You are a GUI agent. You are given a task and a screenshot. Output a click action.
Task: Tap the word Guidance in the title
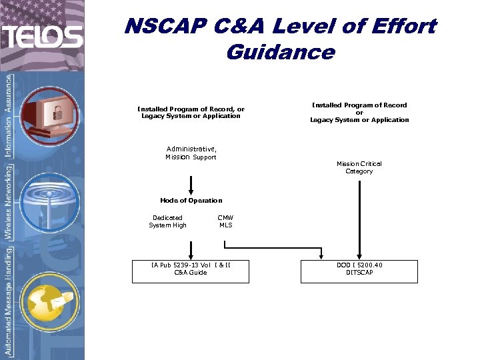click(280, 51)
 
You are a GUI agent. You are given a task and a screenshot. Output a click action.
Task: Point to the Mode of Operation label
click(191, 200)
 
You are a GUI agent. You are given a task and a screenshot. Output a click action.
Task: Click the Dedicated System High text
click(167, 221)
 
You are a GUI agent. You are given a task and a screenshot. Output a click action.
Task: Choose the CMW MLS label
click(225, 221)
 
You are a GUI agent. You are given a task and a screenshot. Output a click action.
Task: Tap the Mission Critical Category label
click(359, 167)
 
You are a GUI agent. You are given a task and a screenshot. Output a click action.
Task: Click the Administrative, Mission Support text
click(191, 153)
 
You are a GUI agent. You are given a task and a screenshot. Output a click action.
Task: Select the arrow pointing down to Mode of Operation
click(191, 185)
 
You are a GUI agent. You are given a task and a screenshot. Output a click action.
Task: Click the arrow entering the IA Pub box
click(191, 251)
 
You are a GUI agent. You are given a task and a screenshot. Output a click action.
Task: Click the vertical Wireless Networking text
click(8, 203)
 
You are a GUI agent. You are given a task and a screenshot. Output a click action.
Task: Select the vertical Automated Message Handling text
click(8, 300)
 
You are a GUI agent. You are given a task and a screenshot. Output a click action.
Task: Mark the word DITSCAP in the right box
click(359, 273)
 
